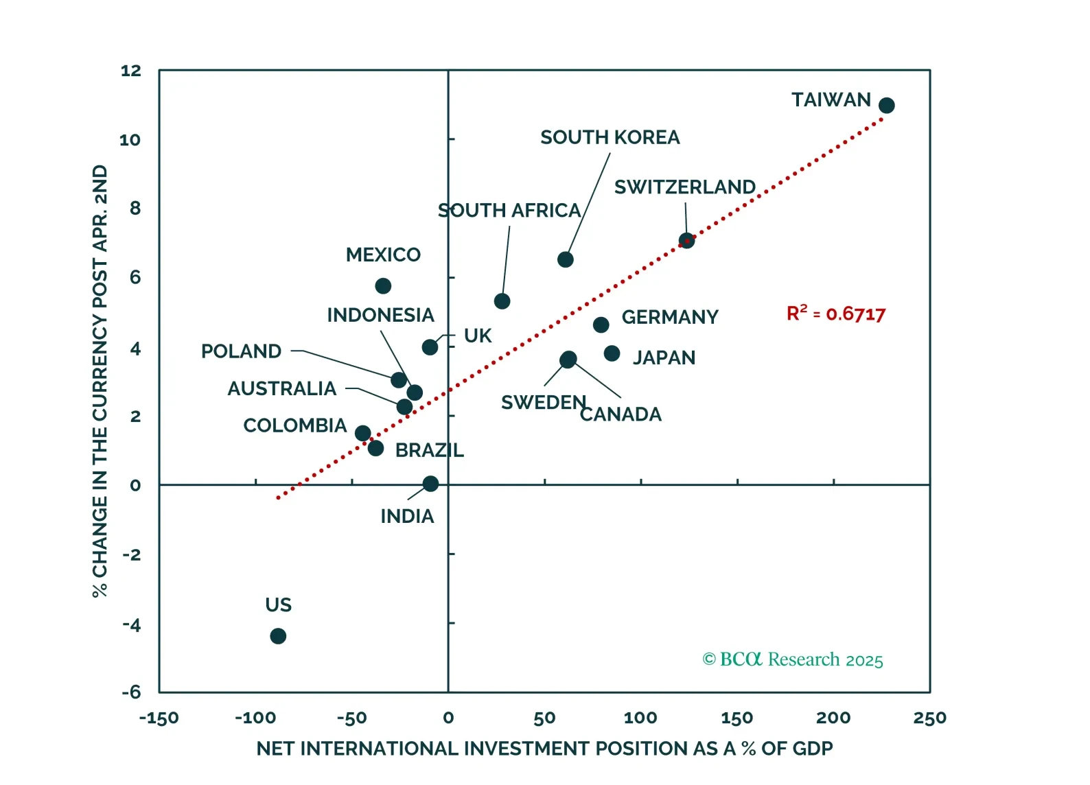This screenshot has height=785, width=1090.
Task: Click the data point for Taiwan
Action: click(886, 106)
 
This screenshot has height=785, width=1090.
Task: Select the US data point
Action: click(278, 636)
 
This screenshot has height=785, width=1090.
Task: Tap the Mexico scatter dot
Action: click(383, 286)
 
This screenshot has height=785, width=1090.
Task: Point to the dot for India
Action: click(430, 484)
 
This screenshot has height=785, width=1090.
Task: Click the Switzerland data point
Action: click(686, 241)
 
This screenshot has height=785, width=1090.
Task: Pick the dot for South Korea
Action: click(565, 259)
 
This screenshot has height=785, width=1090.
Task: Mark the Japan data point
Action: click(612, 353)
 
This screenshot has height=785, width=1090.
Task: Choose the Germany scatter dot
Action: click(601, 325)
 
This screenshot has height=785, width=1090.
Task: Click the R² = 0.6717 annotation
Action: click(835, 314)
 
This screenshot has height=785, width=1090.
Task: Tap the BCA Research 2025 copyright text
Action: click(792, 659)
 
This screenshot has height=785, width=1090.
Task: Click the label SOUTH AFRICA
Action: click(509, 210)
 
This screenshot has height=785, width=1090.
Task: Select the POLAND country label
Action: click(241, 351)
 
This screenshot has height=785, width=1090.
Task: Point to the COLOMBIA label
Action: click(294, 425)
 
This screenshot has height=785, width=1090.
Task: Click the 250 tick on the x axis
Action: click(929, 718)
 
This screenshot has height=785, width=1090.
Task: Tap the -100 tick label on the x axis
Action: click(255, 718)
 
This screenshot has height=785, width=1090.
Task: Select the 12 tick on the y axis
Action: click(130, 71)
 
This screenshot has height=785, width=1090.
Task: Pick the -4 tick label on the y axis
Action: click(131, 624)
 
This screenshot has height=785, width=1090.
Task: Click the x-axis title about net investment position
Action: click(544, 748)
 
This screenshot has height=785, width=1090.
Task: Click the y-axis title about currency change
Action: click(100, 381)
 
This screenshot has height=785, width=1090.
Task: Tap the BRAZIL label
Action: click(429, 450)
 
